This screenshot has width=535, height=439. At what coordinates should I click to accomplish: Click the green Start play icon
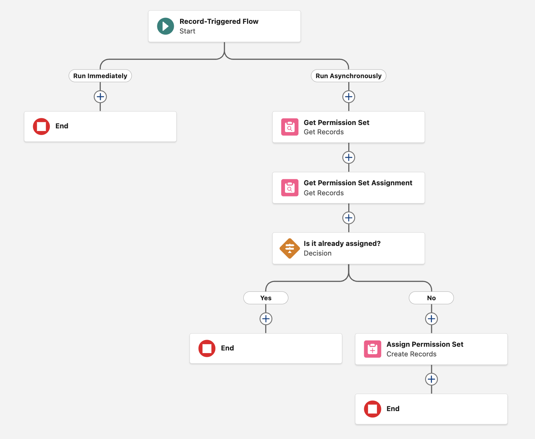(x=165, y=26)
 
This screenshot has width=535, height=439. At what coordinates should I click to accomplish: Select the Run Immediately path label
(x=100, y=76)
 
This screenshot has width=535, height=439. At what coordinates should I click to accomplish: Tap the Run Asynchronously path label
(x=348, y=76)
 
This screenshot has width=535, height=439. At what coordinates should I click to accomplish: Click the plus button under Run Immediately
(x=100, y=97)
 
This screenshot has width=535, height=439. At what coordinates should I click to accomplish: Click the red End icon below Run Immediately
(x=41, y=126)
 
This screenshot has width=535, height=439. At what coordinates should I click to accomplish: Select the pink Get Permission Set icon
(x=289, y=127)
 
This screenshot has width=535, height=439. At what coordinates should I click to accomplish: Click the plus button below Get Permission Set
(x=348, y=157)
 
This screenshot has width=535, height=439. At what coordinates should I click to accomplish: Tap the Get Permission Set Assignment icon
(x=289, y=188)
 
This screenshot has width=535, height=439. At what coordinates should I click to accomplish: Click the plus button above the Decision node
(x=348, y=218)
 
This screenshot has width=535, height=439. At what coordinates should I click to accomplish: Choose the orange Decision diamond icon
(x=289, y=249)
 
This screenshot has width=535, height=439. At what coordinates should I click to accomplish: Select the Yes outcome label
(x=266, y=298)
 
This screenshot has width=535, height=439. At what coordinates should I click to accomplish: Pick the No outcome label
(x=431, y=298)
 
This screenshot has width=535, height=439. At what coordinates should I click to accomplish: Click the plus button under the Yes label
(x=266, y=319)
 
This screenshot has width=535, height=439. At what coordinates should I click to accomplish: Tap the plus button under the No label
(x=431, y=319)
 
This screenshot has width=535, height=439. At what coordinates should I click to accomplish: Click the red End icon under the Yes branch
(x=207, y=349)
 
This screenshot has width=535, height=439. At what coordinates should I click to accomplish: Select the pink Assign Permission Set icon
(x=372, y=349)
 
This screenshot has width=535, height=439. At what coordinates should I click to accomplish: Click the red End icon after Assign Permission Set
(x=372, y=409)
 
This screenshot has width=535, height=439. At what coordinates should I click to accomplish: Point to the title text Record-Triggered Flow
(x=219, y=22)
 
